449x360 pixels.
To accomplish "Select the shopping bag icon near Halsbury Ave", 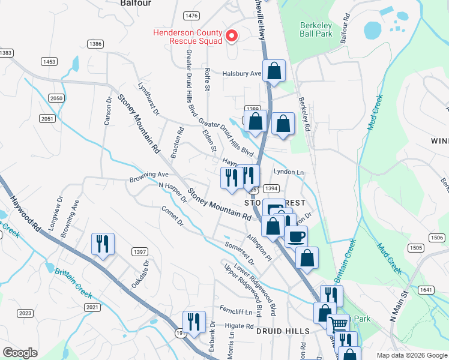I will pos(274,71).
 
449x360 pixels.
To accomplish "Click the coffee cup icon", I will pos(296,236).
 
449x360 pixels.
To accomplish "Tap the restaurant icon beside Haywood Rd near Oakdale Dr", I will pos(102,244).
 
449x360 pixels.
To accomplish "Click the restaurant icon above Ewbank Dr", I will pos(193,321).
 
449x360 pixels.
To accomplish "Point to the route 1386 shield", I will pos(95,44).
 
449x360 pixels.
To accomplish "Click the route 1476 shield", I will pos(191,15).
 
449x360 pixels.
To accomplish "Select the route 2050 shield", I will pos(56,98).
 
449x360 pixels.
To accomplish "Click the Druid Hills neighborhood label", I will pos(283,331).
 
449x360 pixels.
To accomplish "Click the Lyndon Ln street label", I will pos(289,172).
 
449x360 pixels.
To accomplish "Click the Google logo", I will pos(20,353).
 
